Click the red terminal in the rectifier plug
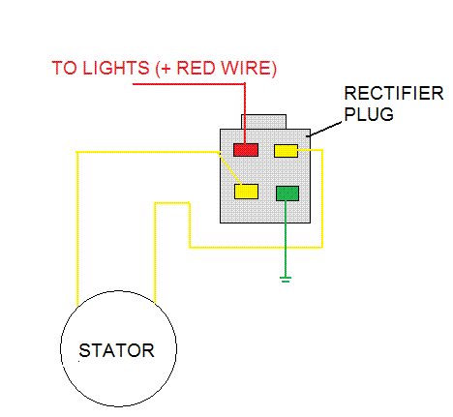[246, 150]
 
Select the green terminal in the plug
[287, 194]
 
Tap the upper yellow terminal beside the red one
[286, 151]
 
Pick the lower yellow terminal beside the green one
[246, 192]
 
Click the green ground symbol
[286, 280]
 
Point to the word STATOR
[116, 350]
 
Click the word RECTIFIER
[394, 93]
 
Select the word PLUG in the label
[369, 114]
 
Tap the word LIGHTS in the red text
[115, 68]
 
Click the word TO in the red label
[65, 68]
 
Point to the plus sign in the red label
[166, 69]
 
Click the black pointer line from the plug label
[324, 130]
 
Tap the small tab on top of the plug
[263, 122]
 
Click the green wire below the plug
[286, 239]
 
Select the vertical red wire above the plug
[245, 113]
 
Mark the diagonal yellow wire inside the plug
[229, 168]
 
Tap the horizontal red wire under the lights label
[189, 84]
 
